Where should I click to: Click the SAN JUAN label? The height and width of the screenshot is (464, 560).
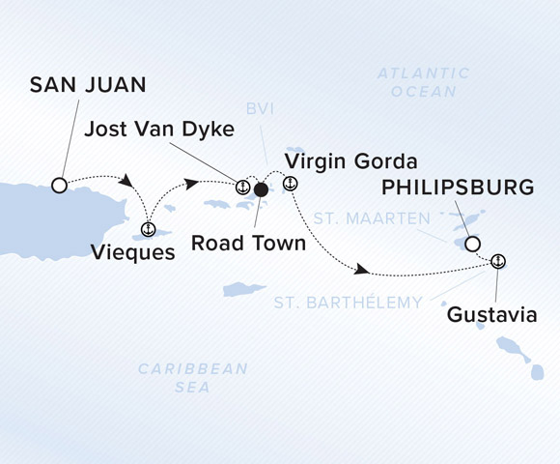click(88, 86)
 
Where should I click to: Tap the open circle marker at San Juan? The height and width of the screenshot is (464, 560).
click(59, 185)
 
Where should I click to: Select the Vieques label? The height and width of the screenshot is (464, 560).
click(133, 253)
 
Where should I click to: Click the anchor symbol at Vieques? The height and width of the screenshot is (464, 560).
click(148, 229)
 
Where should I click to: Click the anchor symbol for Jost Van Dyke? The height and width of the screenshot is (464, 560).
click(243, 186)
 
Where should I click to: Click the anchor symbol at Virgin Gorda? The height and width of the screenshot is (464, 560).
click(289, 184)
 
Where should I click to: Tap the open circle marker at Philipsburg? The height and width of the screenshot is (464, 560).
click(472, 245)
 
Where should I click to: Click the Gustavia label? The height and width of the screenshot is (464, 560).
click(490, 315)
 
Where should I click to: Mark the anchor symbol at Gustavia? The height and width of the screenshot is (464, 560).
click(498, 261)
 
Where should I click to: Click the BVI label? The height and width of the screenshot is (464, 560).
click(258, 110)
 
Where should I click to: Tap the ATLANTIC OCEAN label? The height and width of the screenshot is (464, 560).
click(424, 82)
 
